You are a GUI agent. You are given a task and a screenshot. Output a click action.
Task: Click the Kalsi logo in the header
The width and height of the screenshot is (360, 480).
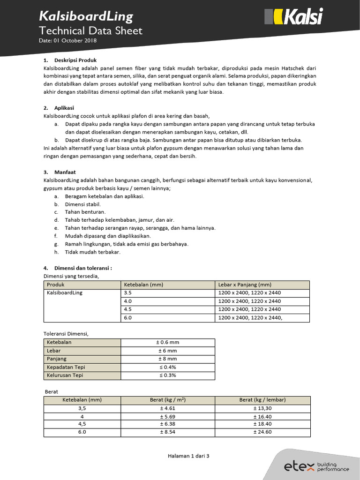pos(293,17)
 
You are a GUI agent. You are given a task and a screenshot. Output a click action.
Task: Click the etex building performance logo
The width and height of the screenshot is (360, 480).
pos(316,466)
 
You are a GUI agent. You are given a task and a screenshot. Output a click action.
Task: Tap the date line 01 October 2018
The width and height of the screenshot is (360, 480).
pos(68,41)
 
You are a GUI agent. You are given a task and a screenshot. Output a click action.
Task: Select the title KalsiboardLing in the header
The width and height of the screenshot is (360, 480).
pos(86,17)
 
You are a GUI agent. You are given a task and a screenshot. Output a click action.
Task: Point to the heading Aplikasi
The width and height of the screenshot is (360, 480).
pos(64,107)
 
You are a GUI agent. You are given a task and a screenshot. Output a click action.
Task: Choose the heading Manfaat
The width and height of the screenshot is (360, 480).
pos(65,172)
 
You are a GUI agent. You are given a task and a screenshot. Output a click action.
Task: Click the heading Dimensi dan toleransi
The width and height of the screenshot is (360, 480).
pos(83,268)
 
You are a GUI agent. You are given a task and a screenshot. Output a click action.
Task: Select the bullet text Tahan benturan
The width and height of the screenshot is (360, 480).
pos(85,212)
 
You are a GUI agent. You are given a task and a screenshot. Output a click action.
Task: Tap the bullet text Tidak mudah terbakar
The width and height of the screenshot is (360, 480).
pos(93,252)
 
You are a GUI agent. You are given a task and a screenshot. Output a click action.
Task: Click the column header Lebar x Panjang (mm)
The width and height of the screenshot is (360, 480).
pos(245,285)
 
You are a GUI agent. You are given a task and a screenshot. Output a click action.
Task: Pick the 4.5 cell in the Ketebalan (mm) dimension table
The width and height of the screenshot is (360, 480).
pos(128,309)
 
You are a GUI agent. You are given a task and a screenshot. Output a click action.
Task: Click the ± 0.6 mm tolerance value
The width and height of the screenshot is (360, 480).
pos(167,342)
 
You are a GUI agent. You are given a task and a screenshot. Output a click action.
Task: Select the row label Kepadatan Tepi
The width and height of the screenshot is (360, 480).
pos(66,367)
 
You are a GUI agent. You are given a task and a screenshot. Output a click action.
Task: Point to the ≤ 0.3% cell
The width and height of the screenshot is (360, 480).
pos(167,375)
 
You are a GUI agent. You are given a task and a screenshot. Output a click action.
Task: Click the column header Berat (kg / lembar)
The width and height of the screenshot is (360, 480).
pos(262,400)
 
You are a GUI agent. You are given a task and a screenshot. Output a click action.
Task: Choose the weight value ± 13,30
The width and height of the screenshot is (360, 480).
pos(262,408)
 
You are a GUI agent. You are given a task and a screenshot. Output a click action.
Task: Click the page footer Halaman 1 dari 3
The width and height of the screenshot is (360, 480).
pos(188,456)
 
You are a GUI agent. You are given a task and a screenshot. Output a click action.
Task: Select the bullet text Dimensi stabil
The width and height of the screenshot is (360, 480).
pos(83,204)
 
